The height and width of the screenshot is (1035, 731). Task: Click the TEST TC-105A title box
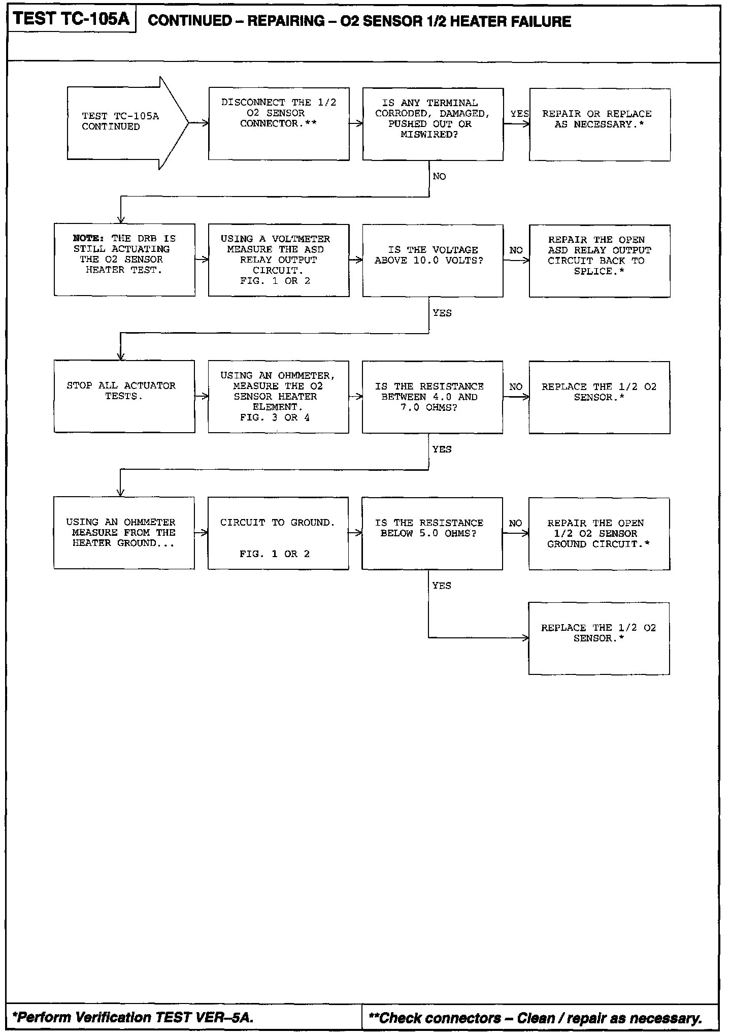(x=72, y=19)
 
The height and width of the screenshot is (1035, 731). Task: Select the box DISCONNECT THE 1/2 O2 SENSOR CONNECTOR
(x=279, y=123)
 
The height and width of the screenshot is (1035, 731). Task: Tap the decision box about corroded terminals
(x=433, y=124)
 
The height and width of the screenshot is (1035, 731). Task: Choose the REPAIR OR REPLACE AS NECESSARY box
(x=599, y=124)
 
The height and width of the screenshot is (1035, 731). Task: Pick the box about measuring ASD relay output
(x=279, y=260)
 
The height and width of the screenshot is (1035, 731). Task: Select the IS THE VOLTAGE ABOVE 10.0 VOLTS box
(x=433, y=261)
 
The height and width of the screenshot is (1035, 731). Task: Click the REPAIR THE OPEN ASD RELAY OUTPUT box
(x=599, y=261)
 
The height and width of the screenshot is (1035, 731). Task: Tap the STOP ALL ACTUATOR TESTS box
(x=124, y=396)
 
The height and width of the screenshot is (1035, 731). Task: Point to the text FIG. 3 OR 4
(x=275, y=417)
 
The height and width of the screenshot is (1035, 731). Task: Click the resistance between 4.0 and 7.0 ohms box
(x=432, y=397)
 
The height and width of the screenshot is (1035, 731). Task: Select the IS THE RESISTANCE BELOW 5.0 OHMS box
(x=432, y=533)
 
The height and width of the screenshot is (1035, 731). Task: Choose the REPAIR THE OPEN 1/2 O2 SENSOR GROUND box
(x=599, y=533)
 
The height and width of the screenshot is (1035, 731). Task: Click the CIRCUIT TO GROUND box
(x=278, y=533)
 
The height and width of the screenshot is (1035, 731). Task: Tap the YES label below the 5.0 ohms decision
(x=442, y=586)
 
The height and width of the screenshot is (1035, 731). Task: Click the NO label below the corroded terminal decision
(x=439, y=176)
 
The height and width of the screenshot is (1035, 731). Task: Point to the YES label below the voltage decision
(x=442, y=313)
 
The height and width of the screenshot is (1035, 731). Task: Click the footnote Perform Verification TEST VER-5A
(x=132, y=1017)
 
